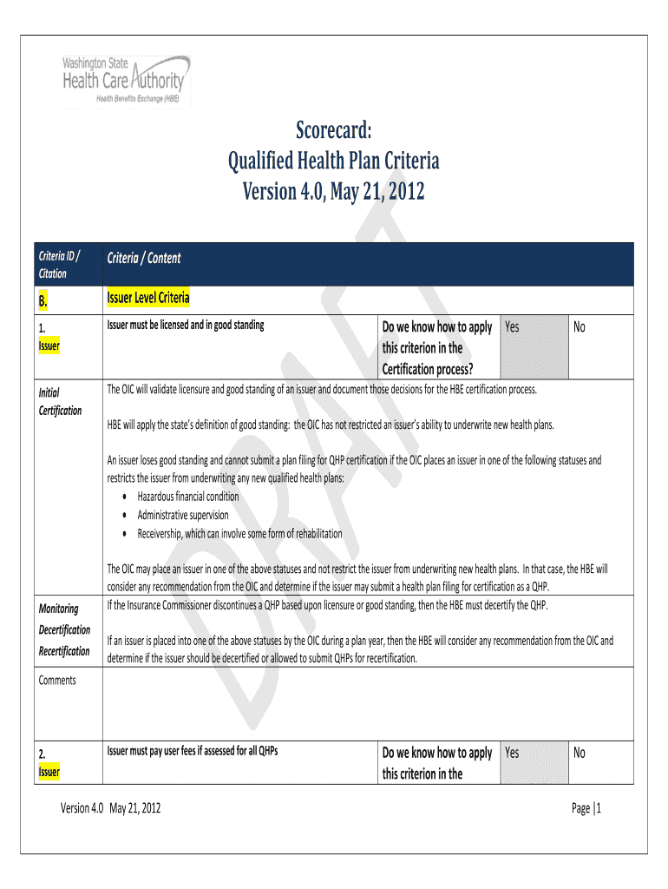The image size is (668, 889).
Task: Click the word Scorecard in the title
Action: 334,130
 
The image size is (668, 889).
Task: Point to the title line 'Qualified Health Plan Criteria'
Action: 334,161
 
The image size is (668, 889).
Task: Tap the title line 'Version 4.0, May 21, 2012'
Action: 334,190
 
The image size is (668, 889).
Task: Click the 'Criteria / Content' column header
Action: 144,258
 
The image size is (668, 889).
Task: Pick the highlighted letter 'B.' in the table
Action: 45,301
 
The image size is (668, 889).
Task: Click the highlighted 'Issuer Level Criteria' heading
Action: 148,299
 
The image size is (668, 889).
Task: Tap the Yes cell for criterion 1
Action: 533,347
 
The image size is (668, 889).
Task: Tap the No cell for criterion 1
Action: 600,347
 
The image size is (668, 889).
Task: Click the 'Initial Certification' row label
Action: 61,401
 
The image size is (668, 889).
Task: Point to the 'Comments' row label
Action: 57,680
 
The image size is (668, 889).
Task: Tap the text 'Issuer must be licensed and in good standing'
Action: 186,326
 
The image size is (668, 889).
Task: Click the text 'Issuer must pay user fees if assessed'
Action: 192,751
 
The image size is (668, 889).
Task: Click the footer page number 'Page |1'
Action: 586,808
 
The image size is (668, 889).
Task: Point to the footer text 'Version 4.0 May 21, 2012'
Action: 110,808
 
